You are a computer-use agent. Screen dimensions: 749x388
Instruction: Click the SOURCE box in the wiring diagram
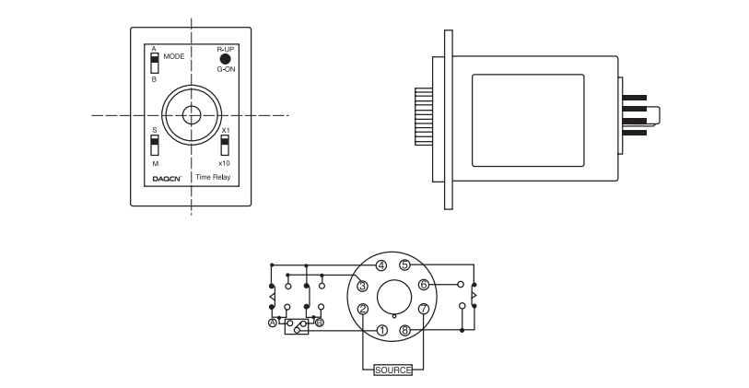click(392, 370)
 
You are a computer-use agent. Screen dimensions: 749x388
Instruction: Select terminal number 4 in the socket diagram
click(380, 265)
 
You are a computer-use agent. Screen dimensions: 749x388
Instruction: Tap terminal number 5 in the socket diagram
click(404, 265)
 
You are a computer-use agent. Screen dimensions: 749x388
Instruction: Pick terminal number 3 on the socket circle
click(363, 286)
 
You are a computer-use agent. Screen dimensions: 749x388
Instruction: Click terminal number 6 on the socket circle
click(424, 285)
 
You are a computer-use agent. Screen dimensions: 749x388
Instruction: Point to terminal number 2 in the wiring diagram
click(363, 309)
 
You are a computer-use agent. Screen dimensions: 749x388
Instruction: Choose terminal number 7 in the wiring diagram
click(424, 309)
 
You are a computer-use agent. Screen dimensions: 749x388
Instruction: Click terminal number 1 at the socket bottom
click(381, 330)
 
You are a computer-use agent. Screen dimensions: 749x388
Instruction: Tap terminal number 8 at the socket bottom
click(405, 330)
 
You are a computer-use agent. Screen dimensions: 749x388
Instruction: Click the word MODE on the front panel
click(174, 56)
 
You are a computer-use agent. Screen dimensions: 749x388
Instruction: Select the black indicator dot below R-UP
click(225, 59)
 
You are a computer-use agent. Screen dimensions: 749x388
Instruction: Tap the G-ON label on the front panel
click(226, 69)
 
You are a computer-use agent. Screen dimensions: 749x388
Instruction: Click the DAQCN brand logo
click(167, 179)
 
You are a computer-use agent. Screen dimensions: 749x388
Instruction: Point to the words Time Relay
click(213, 177)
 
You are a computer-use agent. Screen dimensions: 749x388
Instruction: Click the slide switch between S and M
click(154, 146)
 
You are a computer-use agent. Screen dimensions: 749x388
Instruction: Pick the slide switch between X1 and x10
click(225, 146)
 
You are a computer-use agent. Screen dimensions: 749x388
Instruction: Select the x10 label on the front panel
click(224, 163)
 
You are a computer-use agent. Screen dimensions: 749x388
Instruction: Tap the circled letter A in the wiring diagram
click(273, 323)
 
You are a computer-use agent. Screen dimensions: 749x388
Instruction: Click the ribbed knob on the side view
click(424, 116)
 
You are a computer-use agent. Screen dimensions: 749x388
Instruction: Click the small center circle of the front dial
click(192, 115)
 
